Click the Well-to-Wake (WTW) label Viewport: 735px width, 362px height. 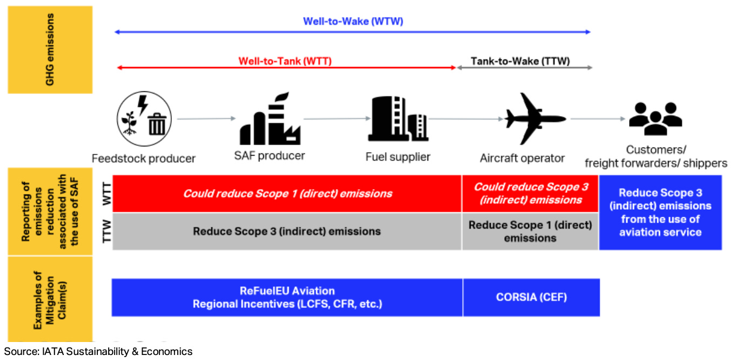point(353,22)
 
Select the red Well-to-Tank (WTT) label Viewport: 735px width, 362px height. point(285,61)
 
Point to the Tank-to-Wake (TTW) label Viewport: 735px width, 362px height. point(520,61)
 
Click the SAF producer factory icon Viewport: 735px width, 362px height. point(270,119)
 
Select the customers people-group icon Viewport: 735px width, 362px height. point(656,119)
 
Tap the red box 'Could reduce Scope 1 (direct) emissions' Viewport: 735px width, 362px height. point(287,193)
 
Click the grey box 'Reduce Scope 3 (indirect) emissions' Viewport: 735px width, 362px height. point(287,231)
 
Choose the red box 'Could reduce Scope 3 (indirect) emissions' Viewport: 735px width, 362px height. point(530,193)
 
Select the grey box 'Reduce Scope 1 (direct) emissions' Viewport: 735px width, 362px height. point(530,231)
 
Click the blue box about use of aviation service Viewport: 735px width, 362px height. point(660,212)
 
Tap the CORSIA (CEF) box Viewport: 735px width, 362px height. point(531,297)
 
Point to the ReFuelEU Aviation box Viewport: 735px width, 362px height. point(287,297)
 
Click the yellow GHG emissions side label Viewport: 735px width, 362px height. point(50,50)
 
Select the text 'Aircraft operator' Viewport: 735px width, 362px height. point(522,158)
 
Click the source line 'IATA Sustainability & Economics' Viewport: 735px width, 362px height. point(98,352)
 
